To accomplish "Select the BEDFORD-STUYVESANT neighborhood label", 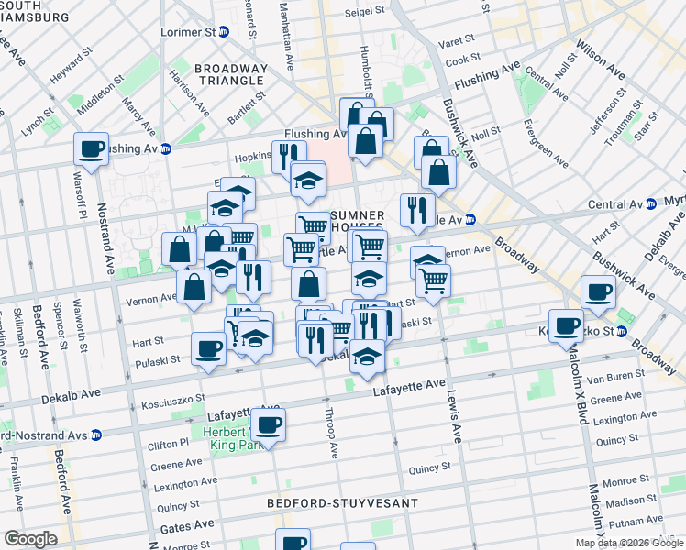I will [x=343, y=503].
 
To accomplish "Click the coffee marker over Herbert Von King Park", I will [x=269, y=424].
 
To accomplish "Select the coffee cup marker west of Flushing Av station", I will [x=92, y=149].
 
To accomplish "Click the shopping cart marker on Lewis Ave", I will [x=432, y=281].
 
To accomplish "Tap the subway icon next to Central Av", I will [x=650, y=203].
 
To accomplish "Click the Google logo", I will [x=30, y=539].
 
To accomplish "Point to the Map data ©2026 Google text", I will [x=628, y=543].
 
